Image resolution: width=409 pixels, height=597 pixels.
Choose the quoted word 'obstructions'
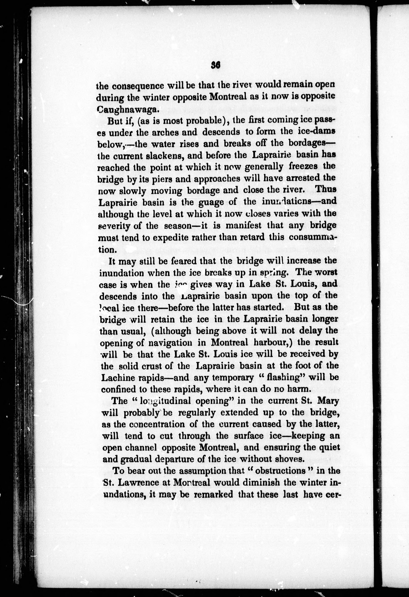point(282,471)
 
